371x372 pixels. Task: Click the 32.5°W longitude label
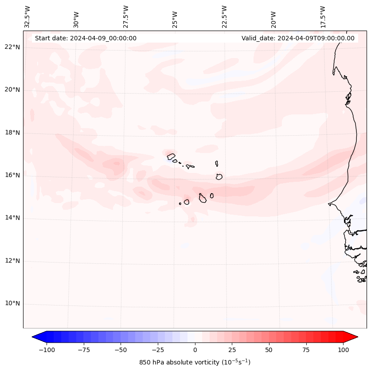(x=27, y=17)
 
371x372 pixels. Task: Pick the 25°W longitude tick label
(x=175, y=18)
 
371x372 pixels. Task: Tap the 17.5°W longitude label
(x=323, y=17)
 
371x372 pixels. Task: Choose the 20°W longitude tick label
(x=273, y=18)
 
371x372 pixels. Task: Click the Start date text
(x=86, y=38)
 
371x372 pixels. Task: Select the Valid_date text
(x=298, y=38)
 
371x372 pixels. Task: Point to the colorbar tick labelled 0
(x=195, y=350)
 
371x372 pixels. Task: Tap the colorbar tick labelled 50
(x=269, y=350)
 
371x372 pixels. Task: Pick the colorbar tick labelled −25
(x=158, y=350)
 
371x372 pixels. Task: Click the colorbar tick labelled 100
(x=343, y=350)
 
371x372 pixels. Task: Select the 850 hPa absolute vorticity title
(x=195, y=362)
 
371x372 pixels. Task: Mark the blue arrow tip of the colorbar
(x=35, y=337)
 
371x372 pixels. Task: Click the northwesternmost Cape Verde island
(x=171, y=156)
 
